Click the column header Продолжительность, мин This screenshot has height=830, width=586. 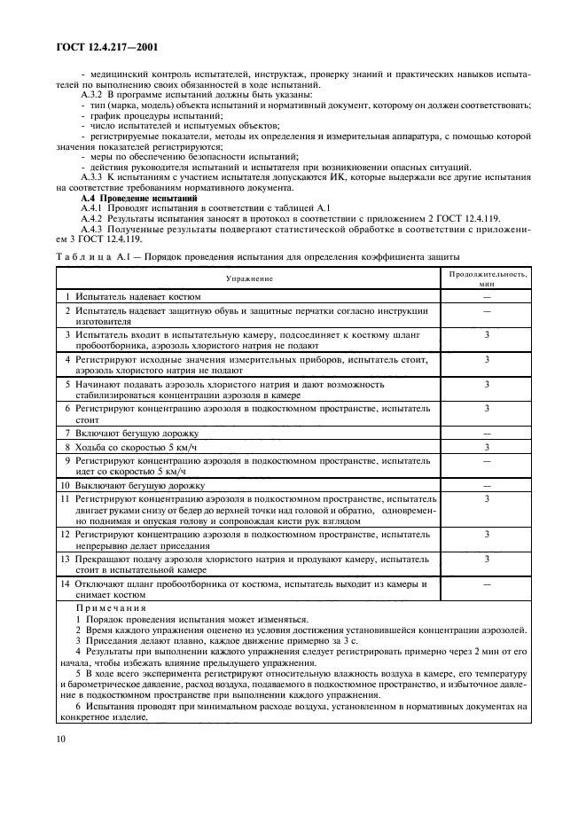486,278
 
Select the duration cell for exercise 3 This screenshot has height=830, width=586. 487,335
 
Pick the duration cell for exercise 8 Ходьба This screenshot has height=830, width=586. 487,447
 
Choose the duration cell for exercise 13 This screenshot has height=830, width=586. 487,560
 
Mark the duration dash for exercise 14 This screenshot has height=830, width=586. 487,584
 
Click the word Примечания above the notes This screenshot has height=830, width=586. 111,608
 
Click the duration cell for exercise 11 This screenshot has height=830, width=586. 487,500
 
